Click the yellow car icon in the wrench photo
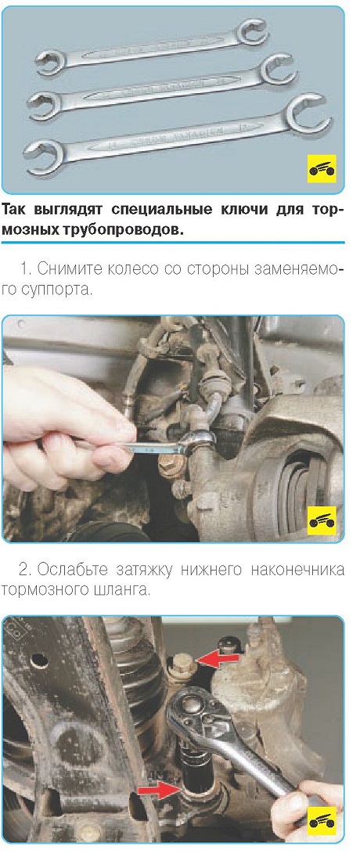(322, 169)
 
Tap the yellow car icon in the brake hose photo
(322, 520)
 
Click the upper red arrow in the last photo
(218, 657)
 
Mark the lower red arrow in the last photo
(160, 791)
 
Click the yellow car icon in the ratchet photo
(322, 822)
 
